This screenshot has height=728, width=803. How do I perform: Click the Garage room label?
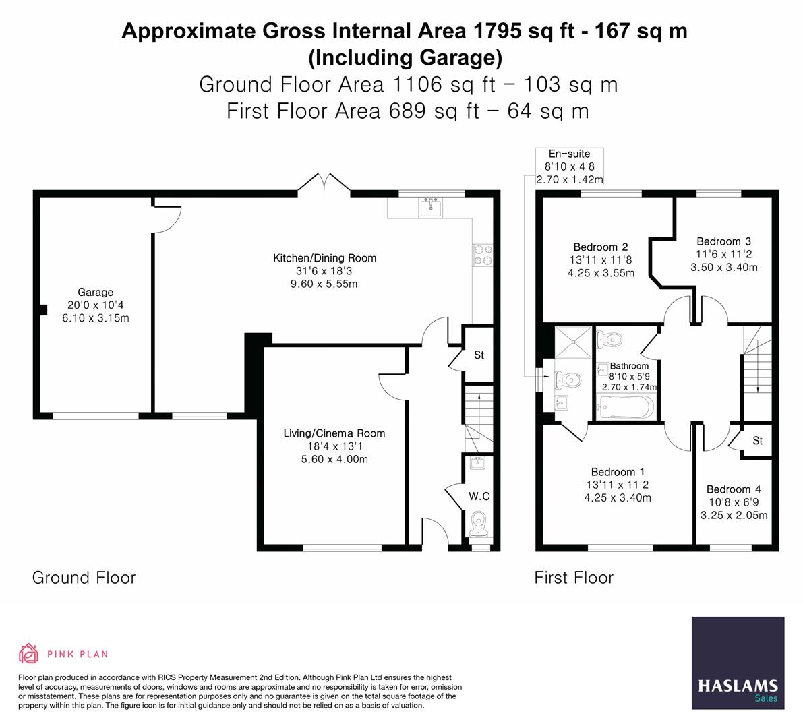click(x=95, y=293)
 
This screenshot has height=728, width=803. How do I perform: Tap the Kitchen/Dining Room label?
click(x=325, y=258)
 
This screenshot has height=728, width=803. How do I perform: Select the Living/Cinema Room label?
click(x=334, y=433)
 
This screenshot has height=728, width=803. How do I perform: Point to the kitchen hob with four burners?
click(x=483, y=255)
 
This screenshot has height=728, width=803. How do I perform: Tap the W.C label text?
click(x=479, y=496)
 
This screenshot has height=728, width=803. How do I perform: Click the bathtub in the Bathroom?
click(x=626, y=408)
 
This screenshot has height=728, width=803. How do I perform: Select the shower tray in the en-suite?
click(x=573, y=342)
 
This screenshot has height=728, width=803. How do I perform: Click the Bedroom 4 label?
click(x=734, y=489)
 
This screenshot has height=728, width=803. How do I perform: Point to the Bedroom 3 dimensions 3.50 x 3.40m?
click(x=723, y=267)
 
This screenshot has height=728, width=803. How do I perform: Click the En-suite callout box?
click(x=570, y=166)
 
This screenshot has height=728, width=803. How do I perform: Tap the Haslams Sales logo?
click(x=738, y=663)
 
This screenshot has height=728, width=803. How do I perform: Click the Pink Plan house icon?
click(x=29, y=653)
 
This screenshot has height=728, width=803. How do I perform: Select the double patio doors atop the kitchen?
click(x=324, y=183)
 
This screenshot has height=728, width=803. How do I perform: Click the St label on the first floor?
click(x=758, y=440)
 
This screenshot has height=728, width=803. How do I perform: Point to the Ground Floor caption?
click(x=84, y=578)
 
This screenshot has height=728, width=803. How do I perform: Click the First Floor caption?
click(x=574, y=578)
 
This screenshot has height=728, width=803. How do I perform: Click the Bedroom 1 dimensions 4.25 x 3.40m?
click(x=618, y=497)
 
